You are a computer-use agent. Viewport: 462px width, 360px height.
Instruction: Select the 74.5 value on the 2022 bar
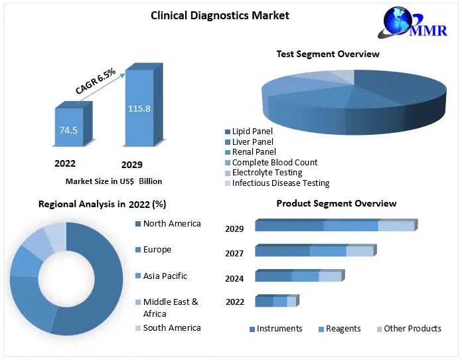68,130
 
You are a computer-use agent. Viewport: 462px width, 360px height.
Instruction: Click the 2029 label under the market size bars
131,165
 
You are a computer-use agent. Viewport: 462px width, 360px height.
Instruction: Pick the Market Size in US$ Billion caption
114,181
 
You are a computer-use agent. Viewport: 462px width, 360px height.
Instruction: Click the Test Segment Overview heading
328,54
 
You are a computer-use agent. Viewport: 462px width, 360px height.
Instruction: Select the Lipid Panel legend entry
252,132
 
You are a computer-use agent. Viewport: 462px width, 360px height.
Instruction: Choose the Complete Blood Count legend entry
274,162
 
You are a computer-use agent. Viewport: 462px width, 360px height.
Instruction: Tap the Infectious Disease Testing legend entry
280,183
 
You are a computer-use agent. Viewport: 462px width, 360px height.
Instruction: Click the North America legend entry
171,224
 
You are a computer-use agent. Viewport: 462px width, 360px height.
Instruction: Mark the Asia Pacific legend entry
165,276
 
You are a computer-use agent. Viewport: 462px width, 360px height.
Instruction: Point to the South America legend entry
171,327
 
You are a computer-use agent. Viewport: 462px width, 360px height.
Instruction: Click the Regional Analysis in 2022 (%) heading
102,204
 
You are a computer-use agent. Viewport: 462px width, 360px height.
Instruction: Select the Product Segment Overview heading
336,203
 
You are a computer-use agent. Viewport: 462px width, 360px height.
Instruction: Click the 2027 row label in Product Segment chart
234,253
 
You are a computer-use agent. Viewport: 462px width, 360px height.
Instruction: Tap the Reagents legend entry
343,328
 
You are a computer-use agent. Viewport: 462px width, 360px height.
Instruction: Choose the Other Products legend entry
412,328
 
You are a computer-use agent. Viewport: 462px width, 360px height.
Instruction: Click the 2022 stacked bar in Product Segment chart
275,302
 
